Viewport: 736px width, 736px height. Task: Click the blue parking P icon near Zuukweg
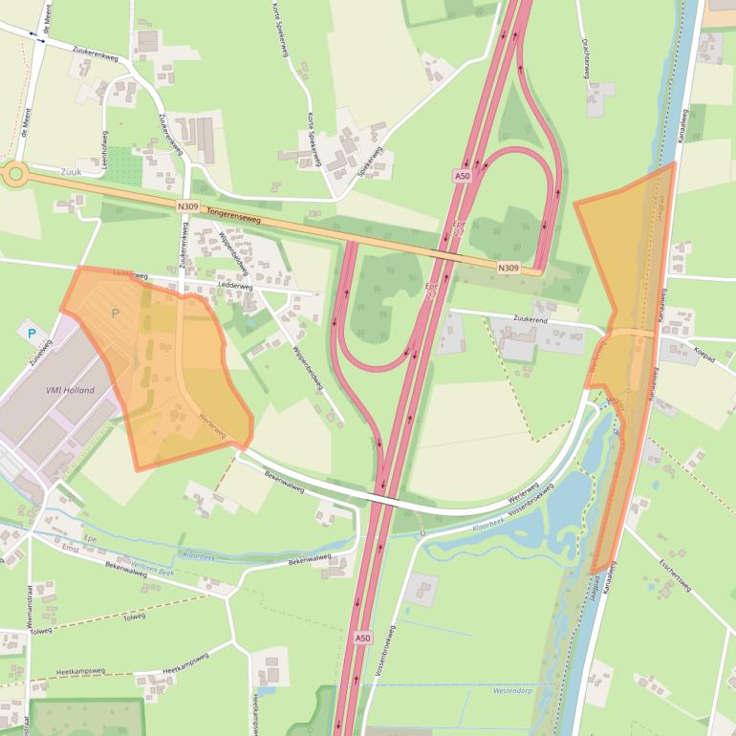32,335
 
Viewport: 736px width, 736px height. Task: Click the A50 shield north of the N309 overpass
463,176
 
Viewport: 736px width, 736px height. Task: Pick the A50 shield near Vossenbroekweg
362,638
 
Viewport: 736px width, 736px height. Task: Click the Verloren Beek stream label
154,569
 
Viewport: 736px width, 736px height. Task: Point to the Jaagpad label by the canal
595,585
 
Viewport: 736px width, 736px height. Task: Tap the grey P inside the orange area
116,313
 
